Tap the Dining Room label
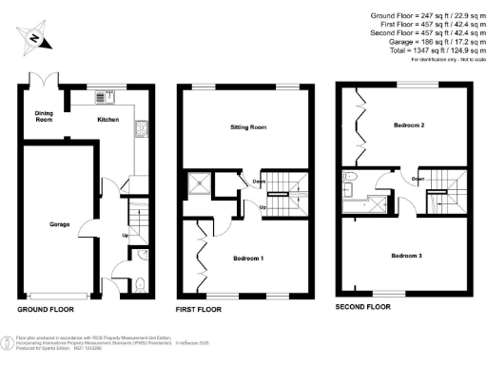(x=37, y=117)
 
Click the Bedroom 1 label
(x=250, y=258)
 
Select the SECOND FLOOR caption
(x=363, y=307)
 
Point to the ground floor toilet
(x=140, y=281)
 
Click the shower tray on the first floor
(x=201, y=184)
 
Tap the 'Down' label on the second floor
(x=418, y=178)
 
